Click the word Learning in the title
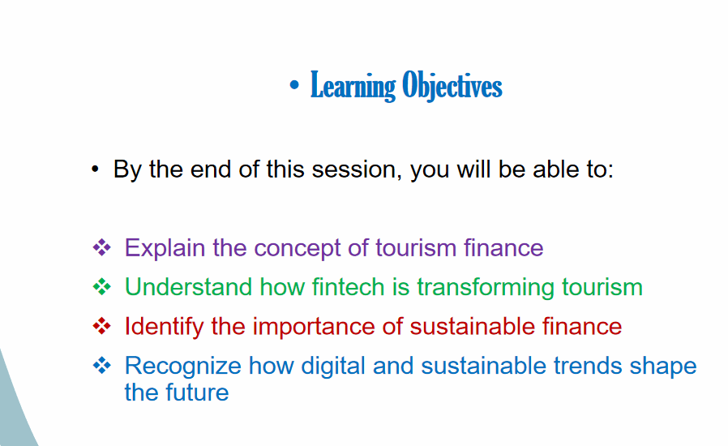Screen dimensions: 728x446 click(x=353, y=86)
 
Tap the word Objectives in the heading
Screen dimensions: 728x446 click(x=452, y=85)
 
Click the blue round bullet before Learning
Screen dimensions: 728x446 click(x=294, y=85)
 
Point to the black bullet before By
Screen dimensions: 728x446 click(x=95, y=169)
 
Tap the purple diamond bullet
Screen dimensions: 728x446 click(x=101, y=247)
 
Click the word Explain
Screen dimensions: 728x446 click(x=165, y=247)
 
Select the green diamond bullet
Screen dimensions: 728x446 click(x=101, y=286)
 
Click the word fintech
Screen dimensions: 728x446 click(x=348, y=286)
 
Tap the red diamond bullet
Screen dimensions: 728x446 click(x=101, y=326)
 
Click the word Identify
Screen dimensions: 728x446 click(x=164, y=327)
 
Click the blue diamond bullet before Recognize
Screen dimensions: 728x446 click(x=101, y=365)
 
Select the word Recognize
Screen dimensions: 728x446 click(x=183, y=366)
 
